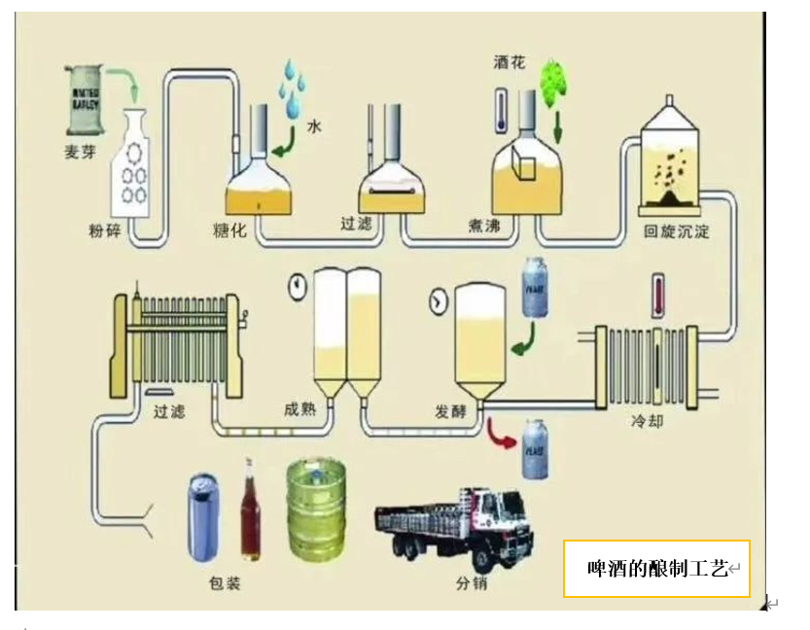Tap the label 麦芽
tap(80, 152)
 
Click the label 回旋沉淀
tap(677, 232)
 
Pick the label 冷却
tap(647, 423)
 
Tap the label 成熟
tap(300, 409)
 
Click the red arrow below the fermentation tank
tap(500, 432)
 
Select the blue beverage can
tap(203, 516)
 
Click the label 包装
tap(224, 583)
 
